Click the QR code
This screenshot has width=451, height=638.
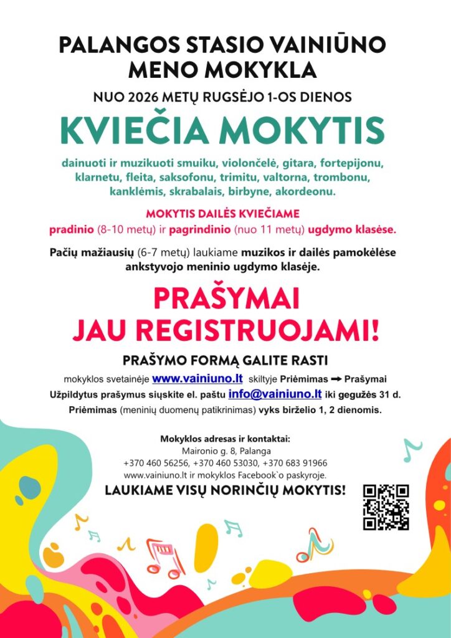click(386, 507)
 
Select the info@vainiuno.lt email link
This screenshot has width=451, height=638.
click(275, 394)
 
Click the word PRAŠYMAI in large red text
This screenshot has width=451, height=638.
click(225, 299)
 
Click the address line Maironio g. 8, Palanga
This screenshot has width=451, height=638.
click(225, 450)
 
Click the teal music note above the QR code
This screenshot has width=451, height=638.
click(411, 449)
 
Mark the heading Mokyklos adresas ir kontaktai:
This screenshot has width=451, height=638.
click(225, 439)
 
